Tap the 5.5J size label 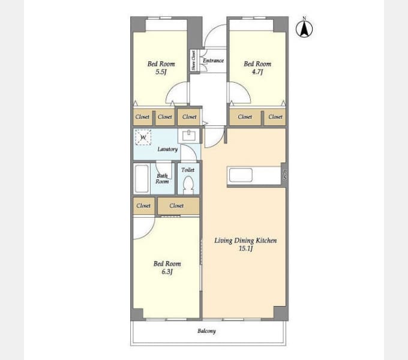(x=161, y=72)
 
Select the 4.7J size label (x=257, y=72)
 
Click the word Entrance (x=213, y=61)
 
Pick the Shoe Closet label (x=193, y=61)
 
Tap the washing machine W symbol (x=143, y=138)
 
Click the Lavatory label (x=167, y=149)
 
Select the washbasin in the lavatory (x=188, y=135)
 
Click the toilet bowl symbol (x=188, y=184)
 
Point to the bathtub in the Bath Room (x=142, y=178)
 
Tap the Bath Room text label (x=163, y=179)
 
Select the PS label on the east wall (x=284, y=176)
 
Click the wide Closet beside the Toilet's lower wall (x=176, y=206)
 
